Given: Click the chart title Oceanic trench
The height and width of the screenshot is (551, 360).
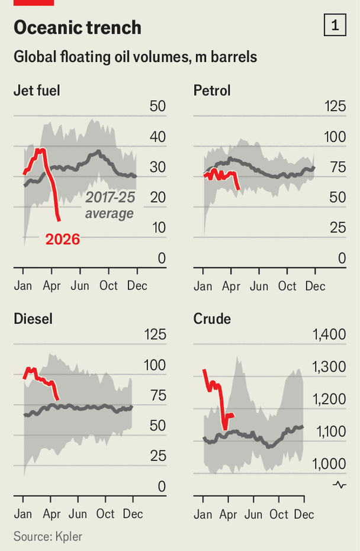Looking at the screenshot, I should tap(78, 28).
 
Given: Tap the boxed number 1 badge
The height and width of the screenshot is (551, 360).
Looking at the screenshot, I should tap(335, 25).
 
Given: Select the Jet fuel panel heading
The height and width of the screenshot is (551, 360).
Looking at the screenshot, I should tap(37, 91).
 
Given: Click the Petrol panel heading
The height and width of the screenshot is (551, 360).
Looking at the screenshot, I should tap(212, 91).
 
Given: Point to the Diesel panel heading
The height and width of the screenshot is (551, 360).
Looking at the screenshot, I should tap(33, 319).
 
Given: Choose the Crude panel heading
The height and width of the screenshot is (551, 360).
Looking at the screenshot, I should tap(212, 319).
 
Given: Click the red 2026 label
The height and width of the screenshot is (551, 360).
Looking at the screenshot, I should tap(63, 240).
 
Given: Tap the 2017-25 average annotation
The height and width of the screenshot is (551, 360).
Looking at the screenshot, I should tap(109, 205).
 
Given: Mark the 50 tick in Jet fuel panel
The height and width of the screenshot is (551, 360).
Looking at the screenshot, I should tap(157, 107).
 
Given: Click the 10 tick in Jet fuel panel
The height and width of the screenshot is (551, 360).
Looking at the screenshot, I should tap(157, 228).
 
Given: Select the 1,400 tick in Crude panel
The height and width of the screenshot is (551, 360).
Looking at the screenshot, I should tap(329, 335).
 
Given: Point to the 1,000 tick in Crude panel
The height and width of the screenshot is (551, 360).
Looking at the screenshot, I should tap(329, 463).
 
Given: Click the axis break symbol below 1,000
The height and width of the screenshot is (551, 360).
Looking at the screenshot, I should tap(339, 485).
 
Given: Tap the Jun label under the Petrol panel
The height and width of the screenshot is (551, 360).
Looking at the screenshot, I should tap(259, 286).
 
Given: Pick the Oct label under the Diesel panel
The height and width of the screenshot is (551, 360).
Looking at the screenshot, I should tap(106, 514).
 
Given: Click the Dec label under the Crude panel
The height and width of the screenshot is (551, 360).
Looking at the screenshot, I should tap(304, 514).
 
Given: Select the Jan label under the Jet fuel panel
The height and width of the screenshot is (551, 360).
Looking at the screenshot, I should tap(23, 286).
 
